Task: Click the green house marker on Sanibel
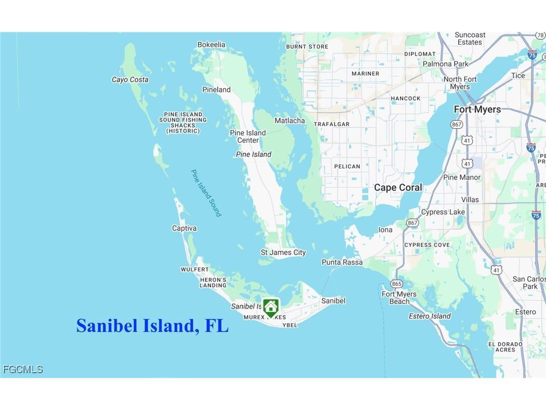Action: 271,307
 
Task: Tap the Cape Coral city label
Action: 398,188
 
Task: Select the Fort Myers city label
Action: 477,109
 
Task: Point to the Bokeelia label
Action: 211,45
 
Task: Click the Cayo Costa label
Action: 130,80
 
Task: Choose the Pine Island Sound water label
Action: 206,193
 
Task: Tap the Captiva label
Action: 184,228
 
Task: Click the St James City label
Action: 283,252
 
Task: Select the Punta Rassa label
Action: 342,262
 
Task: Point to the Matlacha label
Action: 289,120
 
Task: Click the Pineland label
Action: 216,89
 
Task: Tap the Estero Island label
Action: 429,316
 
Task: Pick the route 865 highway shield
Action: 397,284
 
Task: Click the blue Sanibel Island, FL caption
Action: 152,326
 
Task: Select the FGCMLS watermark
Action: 23,369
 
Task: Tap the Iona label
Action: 385,230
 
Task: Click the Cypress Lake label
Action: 443,212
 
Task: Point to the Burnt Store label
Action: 307,47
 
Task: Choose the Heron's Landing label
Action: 213,282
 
